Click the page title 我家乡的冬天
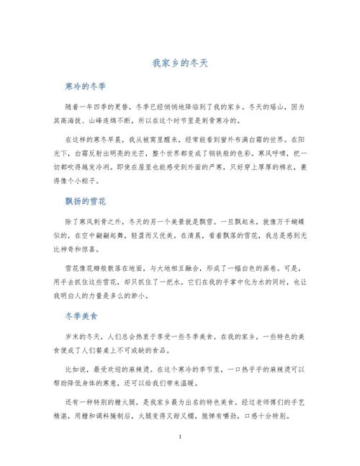click(x=180, y=63)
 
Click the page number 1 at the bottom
click(x=180, y=437)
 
